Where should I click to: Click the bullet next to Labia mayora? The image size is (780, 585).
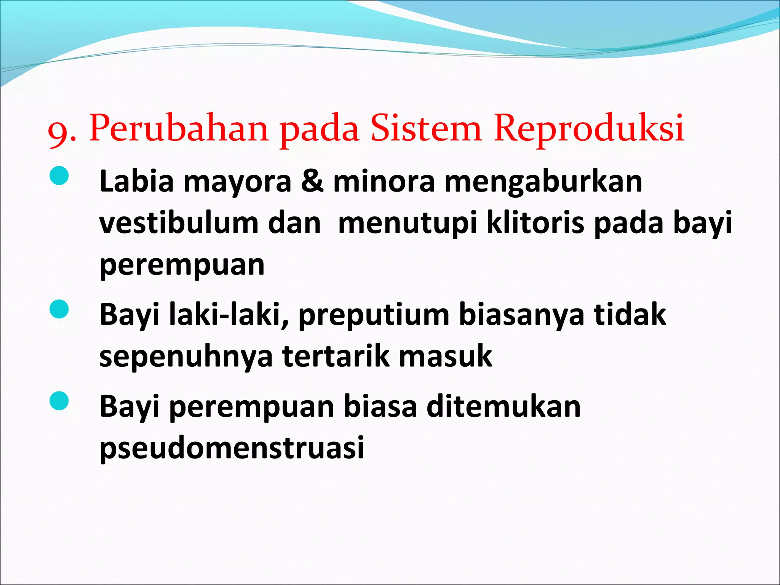(x=59, y=176)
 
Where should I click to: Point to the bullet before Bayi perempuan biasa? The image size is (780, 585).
(x=59, y=401)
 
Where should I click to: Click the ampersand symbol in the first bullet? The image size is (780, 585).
(x=312, y=181)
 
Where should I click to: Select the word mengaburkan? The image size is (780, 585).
(x=543, y=182)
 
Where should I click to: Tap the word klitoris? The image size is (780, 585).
(x=535, y=223)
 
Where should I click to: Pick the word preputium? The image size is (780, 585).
(x=374, y=315)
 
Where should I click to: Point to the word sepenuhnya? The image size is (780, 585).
(x=186, y=356)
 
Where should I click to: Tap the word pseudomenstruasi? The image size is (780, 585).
(x=232, y=448)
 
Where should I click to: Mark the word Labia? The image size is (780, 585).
(x=136, y=181)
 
